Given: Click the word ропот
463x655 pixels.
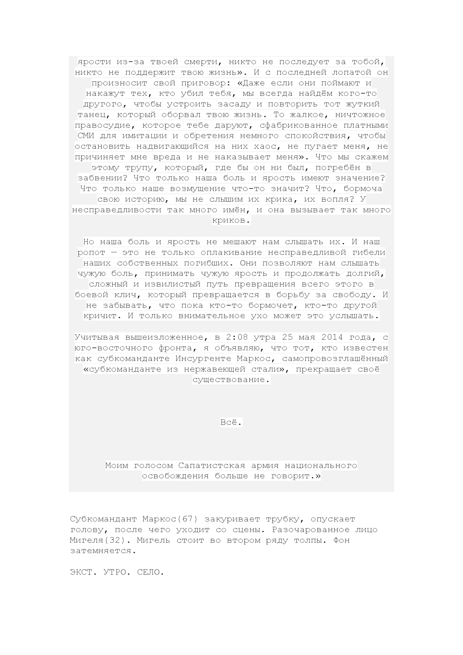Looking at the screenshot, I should [91, 253].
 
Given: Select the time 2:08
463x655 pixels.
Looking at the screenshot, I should [237, 337].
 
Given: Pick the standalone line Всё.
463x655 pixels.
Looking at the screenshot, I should [231, 422].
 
